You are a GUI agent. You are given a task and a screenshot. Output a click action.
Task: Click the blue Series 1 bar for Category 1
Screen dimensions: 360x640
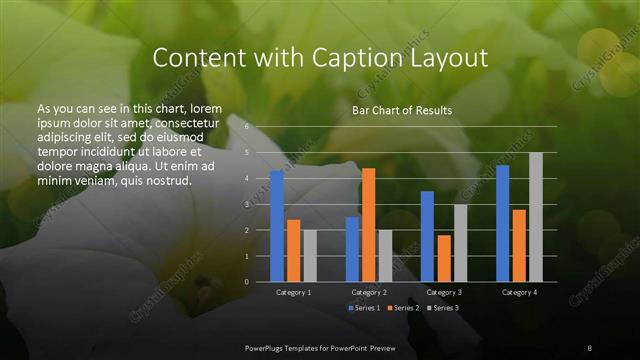tap(277, 226)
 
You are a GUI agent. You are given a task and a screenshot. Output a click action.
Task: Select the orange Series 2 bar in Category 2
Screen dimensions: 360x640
tap(369, 225)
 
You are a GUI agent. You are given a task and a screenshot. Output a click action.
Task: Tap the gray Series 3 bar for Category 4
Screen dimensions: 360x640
tap(536, 217)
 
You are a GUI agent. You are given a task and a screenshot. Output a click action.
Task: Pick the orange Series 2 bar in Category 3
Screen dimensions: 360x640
tap(444, 258)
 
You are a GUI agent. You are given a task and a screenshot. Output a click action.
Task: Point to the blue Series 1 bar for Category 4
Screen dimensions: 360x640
tap(502, 223)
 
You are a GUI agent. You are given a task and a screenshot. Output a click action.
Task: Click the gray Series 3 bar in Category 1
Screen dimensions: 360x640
tap(310, 255)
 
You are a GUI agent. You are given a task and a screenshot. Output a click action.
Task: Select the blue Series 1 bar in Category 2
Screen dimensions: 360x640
tap(352, 249)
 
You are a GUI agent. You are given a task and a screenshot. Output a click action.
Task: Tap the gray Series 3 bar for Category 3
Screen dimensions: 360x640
tap(461, 243)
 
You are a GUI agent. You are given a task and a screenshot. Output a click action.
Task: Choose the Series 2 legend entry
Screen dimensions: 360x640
tap(403, 307)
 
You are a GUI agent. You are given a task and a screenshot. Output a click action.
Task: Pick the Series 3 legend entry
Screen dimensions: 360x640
tap(445, 307)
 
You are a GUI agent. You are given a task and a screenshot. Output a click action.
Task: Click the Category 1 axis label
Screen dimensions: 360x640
tap(294, 292)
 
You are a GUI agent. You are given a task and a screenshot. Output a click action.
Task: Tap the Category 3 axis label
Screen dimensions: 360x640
tap(444, 292)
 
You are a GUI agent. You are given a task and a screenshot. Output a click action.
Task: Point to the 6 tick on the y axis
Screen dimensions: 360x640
tap(245, 127)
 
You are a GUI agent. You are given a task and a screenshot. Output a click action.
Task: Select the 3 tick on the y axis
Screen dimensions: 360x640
tap(245, 204)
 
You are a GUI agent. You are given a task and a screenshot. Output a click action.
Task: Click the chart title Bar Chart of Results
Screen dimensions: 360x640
tap(402, 110)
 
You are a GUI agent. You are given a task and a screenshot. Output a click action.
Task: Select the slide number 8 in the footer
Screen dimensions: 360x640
tap(590, 346)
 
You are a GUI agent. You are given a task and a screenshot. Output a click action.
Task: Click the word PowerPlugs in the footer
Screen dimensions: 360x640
tap(266, 346)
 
